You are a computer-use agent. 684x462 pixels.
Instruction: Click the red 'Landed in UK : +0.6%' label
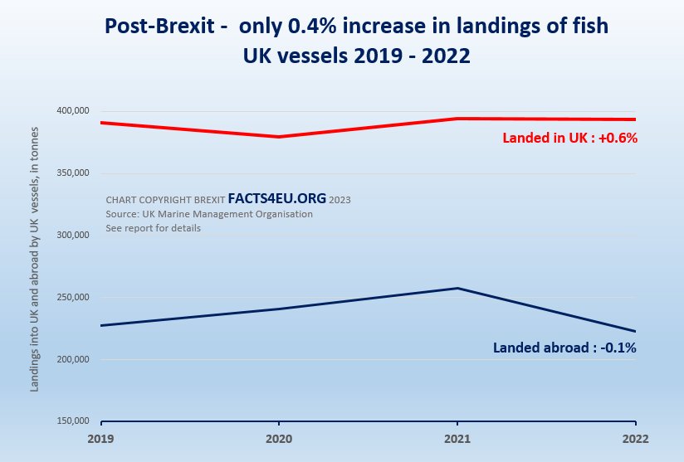(569, 139)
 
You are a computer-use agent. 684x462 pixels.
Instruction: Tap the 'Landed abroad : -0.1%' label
(564, 348)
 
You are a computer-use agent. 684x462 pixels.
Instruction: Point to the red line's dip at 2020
(280, 137)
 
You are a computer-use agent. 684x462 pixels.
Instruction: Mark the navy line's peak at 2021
(457, 288)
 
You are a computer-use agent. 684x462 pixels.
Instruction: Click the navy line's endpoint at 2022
(635, 331)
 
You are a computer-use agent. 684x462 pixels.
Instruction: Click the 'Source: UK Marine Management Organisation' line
(209, 214)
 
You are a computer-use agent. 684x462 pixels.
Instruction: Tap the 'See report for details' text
(154, 228)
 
